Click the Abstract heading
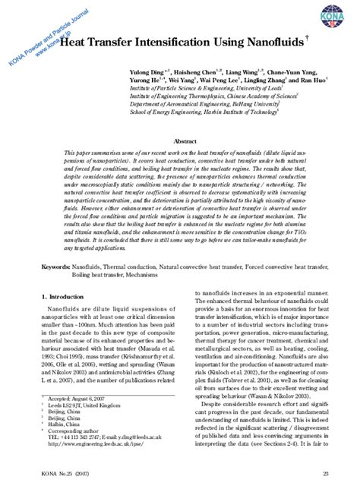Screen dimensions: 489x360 click(185, 142)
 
